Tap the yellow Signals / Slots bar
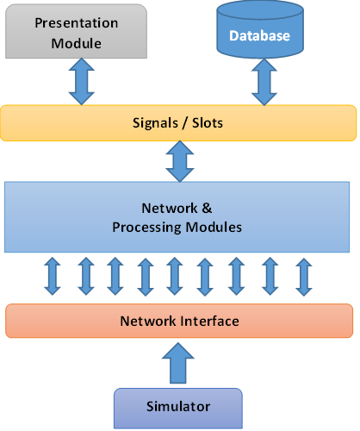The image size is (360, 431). (179, 123)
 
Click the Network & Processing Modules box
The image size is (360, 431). (179, 217)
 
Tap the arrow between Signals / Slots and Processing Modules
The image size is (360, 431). (179, 161)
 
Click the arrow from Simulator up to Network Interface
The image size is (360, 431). (178, 362)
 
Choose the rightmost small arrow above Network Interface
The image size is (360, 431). (302, 276)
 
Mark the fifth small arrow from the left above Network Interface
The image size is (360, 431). (174, 276)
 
